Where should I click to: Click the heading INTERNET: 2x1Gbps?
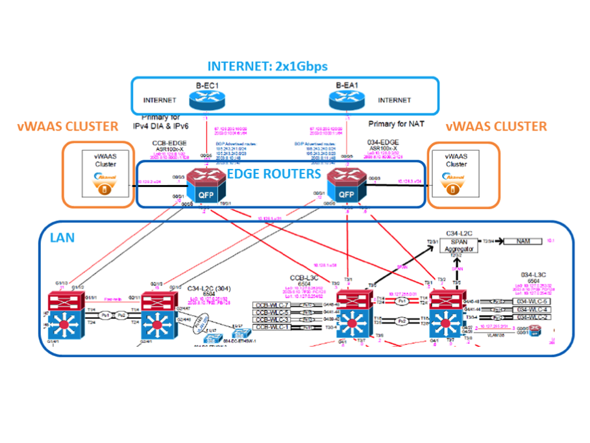click(x=267, y=66)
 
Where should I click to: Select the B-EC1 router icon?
click(x=205, y=99)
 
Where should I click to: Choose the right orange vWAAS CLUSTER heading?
click(x=497, y=127)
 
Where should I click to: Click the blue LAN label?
click(x=62, y=238)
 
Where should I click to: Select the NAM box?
click(x=523, y=241)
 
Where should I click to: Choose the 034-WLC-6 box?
click(x=530, y=301)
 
